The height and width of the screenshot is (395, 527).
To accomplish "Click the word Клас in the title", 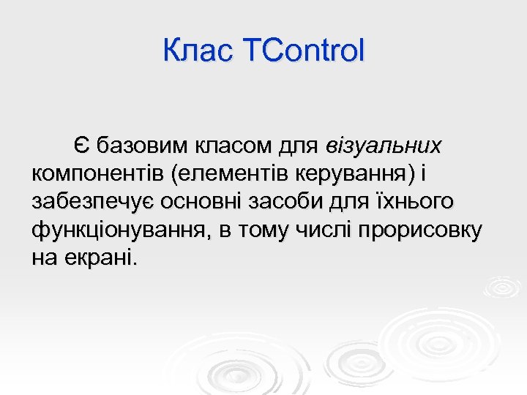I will coord(193,51).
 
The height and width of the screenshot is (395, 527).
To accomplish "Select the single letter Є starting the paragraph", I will coord(81,146).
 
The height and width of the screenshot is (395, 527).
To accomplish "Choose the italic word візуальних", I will coord(384,146).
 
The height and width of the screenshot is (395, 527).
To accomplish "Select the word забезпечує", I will coord(96,203).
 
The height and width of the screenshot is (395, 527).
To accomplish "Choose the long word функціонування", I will coord(118,231).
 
